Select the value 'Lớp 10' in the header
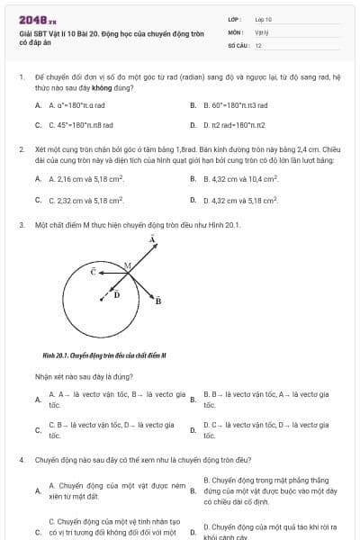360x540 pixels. click(264, 18)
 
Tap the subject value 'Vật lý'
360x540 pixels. click(262, 31)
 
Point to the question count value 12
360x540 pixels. click(258, 44)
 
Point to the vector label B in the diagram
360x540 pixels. click(157, 301)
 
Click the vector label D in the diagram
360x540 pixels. click(116, 294)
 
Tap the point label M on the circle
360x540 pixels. click(127, 265)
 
